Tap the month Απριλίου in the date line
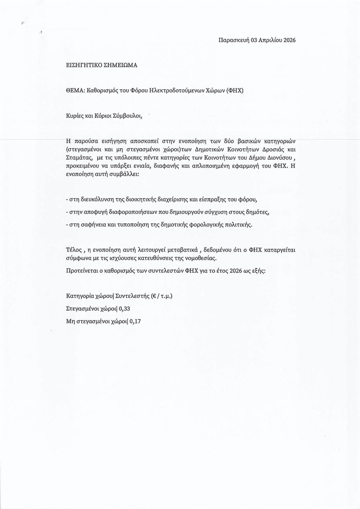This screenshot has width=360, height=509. [271, 40]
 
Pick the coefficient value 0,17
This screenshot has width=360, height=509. [135, 321]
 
